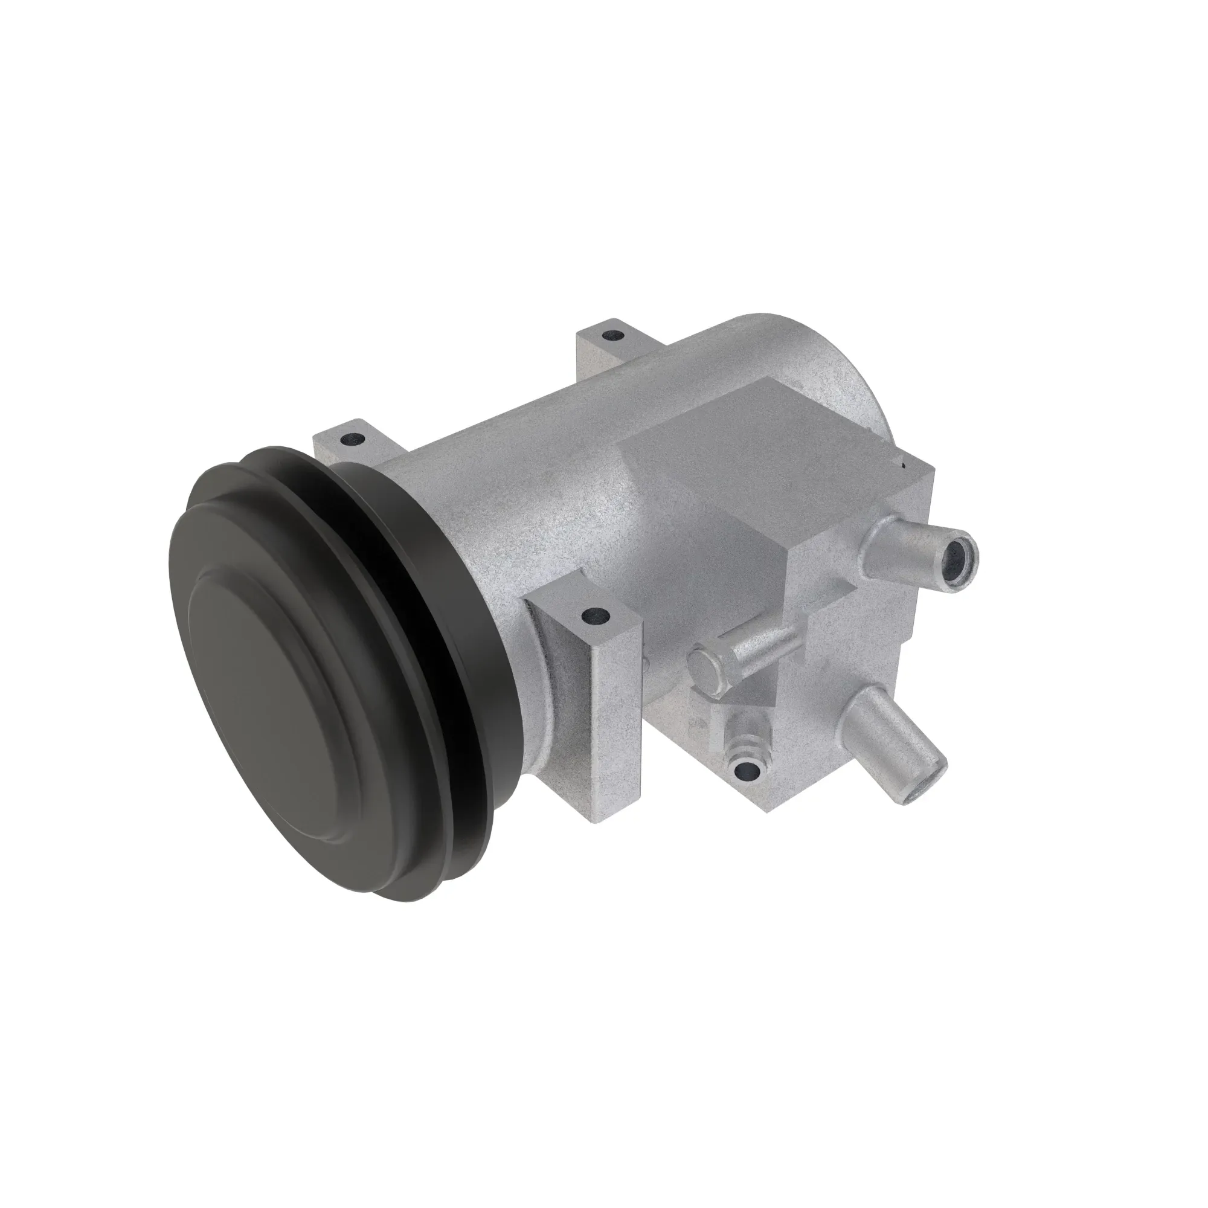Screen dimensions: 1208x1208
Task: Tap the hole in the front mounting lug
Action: click(594, 617)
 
